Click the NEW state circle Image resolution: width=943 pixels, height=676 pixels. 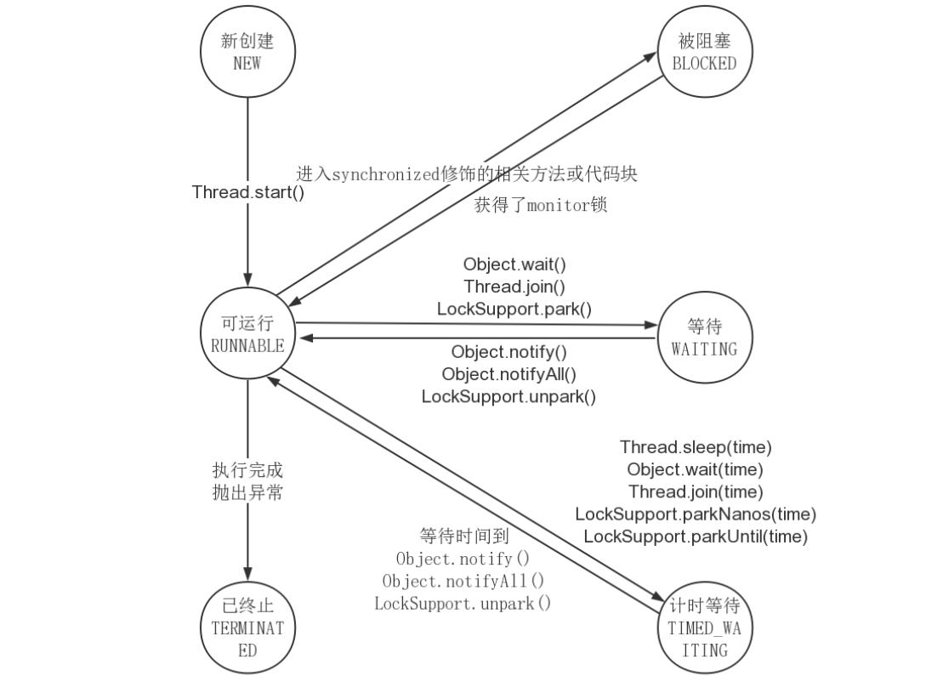pos(247,53)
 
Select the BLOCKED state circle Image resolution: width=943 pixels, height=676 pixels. pos(704,53)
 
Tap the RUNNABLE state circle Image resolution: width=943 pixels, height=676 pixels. pos(247,337)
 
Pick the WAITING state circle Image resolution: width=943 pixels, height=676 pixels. pos(704,337)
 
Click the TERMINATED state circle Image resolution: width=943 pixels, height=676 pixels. pos(247,628)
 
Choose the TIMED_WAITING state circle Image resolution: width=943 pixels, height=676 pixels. pos(704,628)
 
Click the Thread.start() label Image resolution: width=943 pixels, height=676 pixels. pos(248,192)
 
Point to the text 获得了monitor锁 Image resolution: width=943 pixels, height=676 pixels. pos(541,205)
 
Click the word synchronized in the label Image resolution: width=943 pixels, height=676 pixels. pos(386,174)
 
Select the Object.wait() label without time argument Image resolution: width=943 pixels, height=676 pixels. pos(514,264)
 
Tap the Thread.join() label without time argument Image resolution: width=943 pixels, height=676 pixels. pos(514,287)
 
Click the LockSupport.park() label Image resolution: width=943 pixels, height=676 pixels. pos(514,309)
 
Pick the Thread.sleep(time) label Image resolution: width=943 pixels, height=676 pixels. pos(696,446)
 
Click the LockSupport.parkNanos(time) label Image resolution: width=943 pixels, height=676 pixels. pos(696,514)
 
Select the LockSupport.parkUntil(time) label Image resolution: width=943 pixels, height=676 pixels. pos(696,536)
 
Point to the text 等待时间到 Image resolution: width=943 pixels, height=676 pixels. pos(463,537)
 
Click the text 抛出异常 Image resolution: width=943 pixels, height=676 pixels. pos(247,492)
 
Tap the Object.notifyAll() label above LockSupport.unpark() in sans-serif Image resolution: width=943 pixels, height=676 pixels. pos(508,374)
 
